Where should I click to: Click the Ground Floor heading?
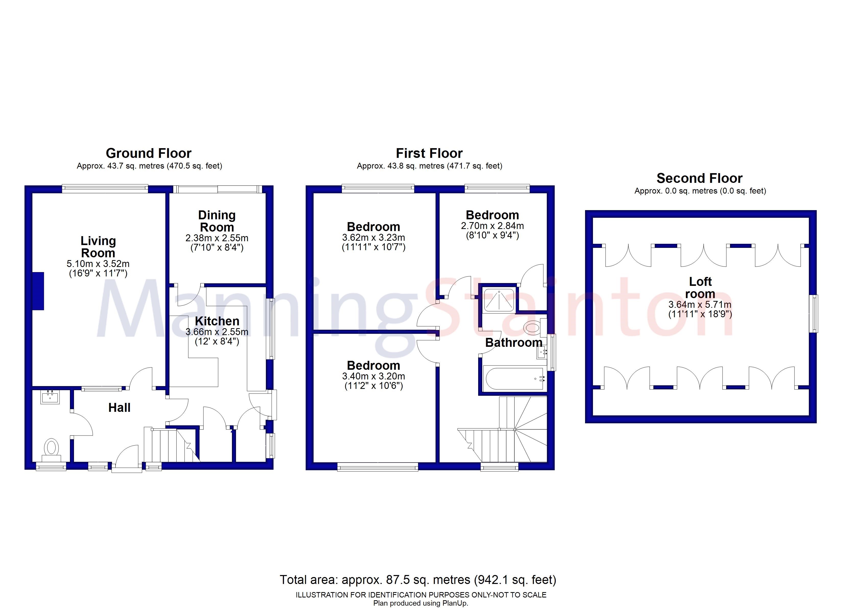coord(148,153)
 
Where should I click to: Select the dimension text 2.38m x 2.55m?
coord(217,238)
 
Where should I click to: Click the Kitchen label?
coord(217,321)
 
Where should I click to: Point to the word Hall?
coord(119,407)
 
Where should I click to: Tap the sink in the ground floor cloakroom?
coord(50,398)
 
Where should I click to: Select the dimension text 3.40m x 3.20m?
coord(374,376)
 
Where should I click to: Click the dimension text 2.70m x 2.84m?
coord(492,226)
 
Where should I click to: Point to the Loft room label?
coord(700,288)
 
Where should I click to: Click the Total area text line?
coord(418,580)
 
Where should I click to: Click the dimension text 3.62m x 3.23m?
coord(374,237)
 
